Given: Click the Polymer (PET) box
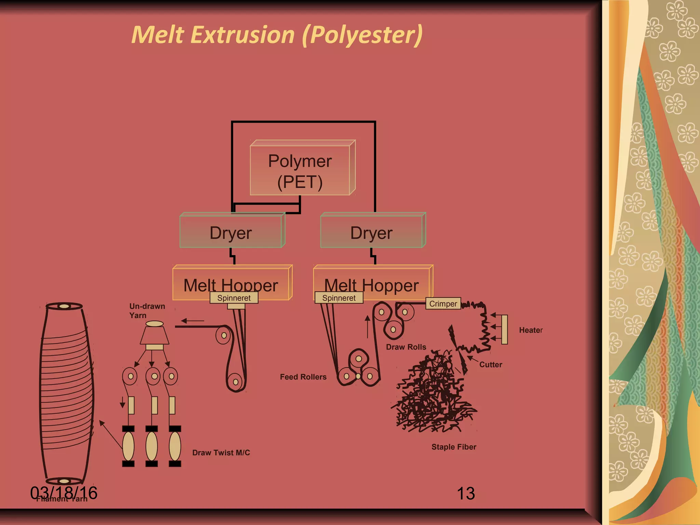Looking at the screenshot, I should pyautogui.click(x=300, y=171).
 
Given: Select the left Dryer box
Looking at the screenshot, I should pyautogui.click(x=231, y=232).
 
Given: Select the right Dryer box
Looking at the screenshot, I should pyautogui.click(x=372, y=232).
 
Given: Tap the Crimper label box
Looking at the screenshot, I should pyautogui.click(x=443, y=304).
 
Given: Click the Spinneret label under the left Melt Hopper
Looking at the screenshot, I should pyautogui.click(x=234, y=298).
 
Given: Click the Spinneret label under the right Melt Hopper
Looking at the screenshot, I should pyautogui.click(x=339, y=298).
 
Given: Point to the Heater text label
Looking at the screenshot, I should pyautogui.click(x=531, y=330).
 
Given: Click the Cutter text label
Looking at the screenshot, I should pyautogui.click(x=490, y=365).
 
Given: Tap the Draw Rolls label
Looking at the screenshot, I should pyautogui.click(x=406, y=347).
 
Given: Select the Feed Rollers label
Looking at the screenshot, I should pyautogui.click(x=303, y=377).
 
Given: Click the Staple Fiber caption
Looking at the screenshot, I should pyautogui.click(x=454, y=447).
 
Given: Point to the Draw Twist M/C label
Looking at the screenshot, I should pyautogui.click(x=221, y=453).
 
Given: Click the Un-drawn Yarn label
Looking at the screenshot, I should pyautogui.click(x=147, y=311).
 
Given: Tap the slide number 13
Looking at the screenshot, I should pyautogui.click(x=466, y=494).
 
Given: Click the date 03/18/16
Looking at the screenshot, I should pyautogui.click(x=64, y=493).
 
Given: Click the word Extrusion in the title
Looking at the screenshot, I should pyautogui.click(x=242, y=35).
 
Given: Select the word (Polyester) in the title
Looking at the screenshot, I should pyautogui.click(x=362, y=35).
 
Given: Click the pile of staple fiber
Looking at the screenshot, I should pyautogui.click(x=432, y=396).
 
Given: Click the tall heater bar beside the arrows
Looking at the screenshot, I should pyautogui.click(x=504, y=329).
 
